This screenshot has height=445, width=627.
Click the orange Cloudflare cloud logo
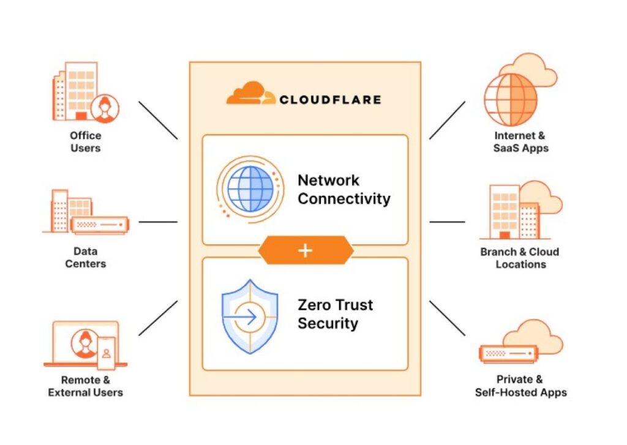(x=250, y=93)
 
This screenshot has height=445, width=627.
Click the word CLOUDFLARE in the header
(x=330, y=100)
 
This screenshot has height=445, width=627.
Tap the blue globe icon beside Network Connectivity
(x=250, y=189)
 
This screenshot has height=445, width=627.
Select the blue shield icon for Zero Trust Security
(x=250, y=316)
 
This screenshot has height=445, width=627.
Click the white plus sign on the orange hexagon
(x=305, y=251)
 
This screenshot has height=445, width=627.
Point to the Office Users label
(x=86, y=142)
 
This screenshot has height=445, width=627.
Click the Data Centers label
(x=86, y=258)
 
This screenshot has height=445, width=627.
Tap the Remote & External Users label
(x=85, y=386)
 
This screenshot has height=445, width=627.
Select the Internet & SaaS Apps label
(x=520, y=142)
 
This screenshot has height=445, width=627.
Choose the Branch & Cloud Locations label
(x=520, y=258)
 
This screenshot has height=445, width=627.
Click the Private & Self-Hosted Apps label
(x=520, y=386)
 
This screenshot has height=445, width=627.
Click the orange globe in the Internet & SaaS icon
(x=510, y=100)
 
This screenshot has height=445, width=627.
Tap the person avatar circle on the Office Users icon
(x=105, y=108)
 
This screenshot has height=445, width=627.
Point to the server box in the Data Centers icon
(x=100, y=225)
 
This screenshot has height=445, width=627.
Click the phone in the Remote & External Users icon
(x=107, y=353)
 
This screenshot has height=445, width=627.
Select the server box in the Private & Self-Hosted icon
(x=508, y=354)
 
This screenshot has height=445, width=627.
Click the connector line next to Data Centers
(x=158, y=222)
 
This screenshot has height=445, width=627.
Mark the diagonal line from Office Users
(x=158, y=121)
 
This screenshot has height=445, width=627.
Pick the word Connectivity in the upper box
(x=344, y=199)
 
